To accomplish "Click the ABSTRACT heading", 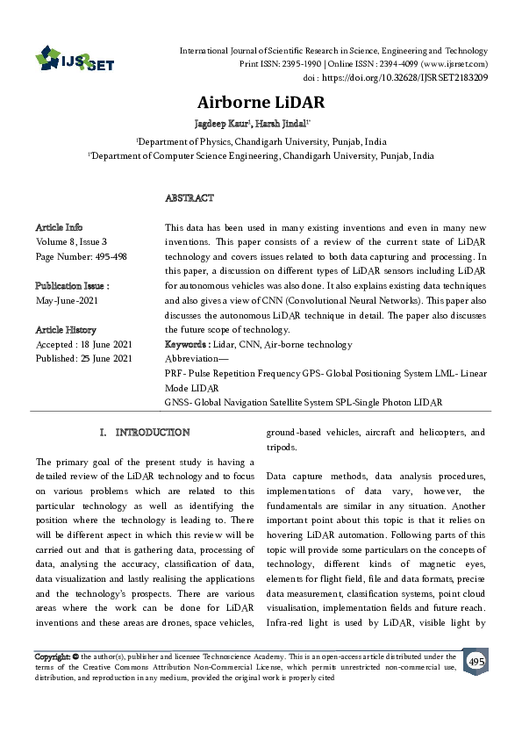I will pyautogui.click(x=189, y=198).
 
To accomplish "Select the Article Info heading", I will pyautogui.click(x=60, y=227).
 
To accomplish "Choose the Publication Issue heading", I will pyautogui.click(x=72, y=286).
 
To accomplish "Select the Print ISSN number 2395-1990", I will pyautogui.click(x=291, y=64).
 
